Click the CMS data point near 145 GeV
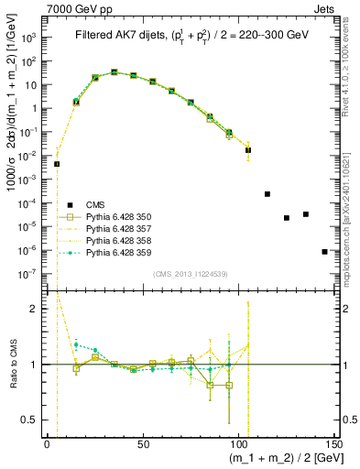click(x=324, y=251)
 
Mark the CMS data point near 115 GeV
click(x=267, y=194)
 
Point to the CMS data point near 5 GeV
click(x=57, y=164)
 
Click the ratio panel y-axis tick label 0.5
click(x=37, y=420)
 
